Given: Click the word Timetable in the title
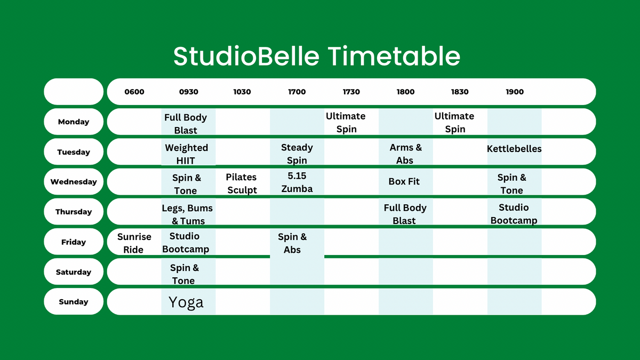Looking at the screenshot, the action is [394, 56].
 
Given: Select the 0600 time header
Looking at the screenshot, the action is [134, 92].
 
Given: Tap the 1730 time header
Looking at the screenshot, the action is [351, 92].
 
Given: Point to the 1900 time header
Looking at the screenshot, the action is [515, 92].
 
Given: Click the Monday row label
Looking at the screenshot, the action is [74, 122].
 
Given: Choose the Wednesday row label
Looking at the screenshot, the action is [74, 182].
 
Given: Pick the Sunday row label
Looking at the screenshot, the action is [74, 302].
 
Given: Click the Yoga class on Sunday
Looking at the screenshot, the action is [186, 302].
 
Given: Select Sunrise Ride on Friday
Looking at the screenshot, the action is [134, 243].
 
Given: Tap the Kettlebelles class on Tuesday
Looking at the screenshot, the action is [514, 149].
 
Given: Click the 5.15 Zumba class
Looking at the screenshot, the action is [297, 182].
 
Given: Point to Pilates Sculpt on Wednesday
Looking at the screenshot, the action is [242, 183].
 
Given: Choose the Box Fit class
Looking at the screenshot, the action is [404, 181].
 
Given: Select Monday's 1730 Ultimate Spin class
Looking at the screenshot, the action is [346, 123].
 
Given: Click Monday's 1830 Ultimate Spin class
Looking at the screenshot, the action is [454, 123].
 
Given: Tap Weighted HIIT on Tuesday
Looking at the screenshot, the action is [186, 154].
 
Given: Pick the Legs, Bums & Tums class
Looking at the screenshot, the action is [187, 214].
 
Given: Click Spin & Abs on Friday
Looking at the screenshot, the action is [292, 243].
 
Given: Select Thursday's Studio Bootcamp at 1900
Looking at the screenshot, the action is [514, 214].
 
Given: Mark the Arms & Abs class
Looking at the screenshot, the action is [405, 154].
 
